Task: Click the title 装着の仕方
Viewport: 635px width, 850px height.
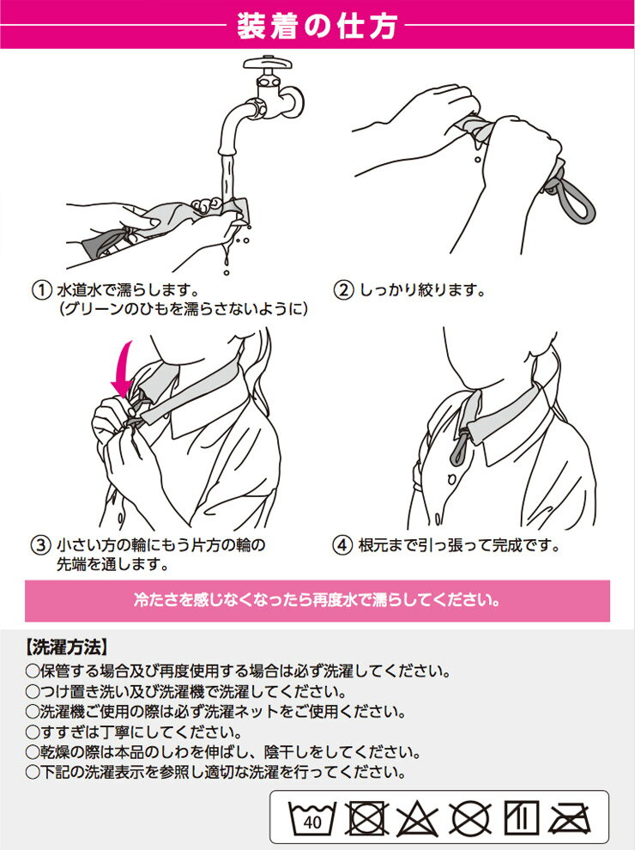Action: click(x=317, y=26)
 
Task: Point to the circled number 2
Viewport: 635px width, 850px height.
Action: click(x=343, y=290)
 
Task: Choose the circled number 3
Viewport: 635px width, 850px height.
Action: click(x=40, y=545)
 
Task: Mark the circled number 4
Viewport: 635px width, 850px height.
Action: click(x=342, y=545)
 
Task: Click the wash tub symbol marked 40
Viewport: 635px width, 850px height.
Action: click(x=311, y=818)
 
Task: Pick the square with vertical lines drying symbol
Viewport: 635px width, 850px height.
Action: click(x=521, y=818)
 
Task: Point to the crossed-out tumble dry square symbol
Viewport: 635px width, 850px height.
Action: click(x=366, y=818)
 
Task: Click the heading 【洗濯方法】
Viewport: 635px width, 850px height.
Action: click(x=67, y=647)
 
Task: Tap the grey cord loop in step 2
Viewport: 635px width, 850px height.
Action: click(x=569, y=191)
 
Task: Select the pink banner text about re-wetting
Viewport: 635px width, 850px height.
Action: click(x=317, y=600)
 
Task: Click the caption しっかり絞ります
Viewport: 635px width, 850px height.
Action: click(x=422, y=290)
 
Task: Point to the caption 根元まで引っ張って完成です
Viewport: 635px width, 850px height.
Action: click(x=458, y=545)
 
